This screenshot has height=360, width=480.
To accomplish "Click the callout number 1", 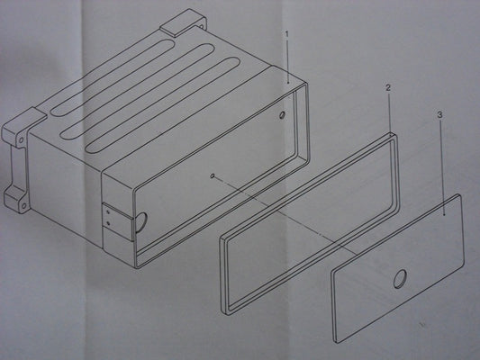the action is tap(287, 34).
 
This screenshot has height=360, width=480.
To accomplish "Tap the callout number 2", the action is tap(388, 88).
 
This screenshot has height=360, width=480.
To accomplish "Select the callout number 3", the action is tap(439, 115).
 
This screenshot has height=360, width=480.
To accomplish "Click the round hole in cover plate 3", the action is tap(401, 279).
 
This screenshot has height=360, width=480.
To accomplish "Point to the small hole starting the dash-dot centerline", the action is tap(213, 175).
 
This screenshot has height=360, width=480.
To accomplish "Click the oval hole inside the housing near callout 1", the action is tap(282, 115).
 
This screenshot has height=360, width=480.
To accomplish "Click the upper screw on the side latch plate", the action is tap(108, 211).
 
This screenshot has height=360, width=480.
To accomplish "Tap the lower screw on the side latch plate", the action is tap(108, 223).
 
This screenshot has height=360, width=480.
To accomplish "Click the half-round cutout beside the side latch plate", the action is tap(141, 222).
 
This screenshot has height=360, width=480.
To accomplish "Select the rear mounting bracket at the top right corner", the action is tap(184, 22).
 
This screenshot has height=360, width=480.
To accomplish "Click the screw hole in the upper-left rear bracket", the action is tap(21, 140).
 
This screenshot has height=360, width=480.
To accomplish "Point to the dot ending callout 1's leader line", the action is tap(288, 83).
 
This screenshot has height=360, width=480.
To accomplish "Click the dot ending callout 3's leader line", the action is tap(444, 215).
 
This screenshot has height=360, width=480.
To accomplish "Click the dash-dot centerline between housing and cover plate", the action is tap(284, 214).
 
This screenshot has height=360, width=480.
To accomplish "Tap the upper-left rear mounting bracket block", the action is tap(24, 125).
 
